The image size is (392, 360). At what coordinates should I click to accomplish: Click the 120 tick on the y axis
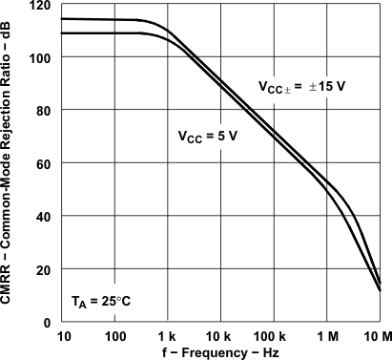tap(42, 6)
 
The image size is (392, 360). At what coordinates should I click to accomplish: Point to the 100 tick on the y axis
tap(42, 57)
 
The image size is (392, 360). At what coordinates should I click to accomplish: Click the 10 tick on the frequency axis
tap(64, 336)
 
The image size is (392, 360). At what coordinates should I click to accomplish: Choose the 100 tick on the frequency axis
tap(114, 336)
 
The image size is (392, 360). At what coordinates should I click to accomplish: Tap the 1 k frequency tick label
tap(168, 336)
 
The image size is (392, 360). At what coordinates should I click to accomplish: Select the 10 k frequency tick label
tap(220, 336)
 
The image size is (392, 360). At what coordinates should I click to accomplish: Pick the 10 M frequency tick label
tap(378, 336)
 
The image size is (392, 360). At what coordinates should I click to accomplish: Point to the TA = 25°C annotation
tap(100, 302)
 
